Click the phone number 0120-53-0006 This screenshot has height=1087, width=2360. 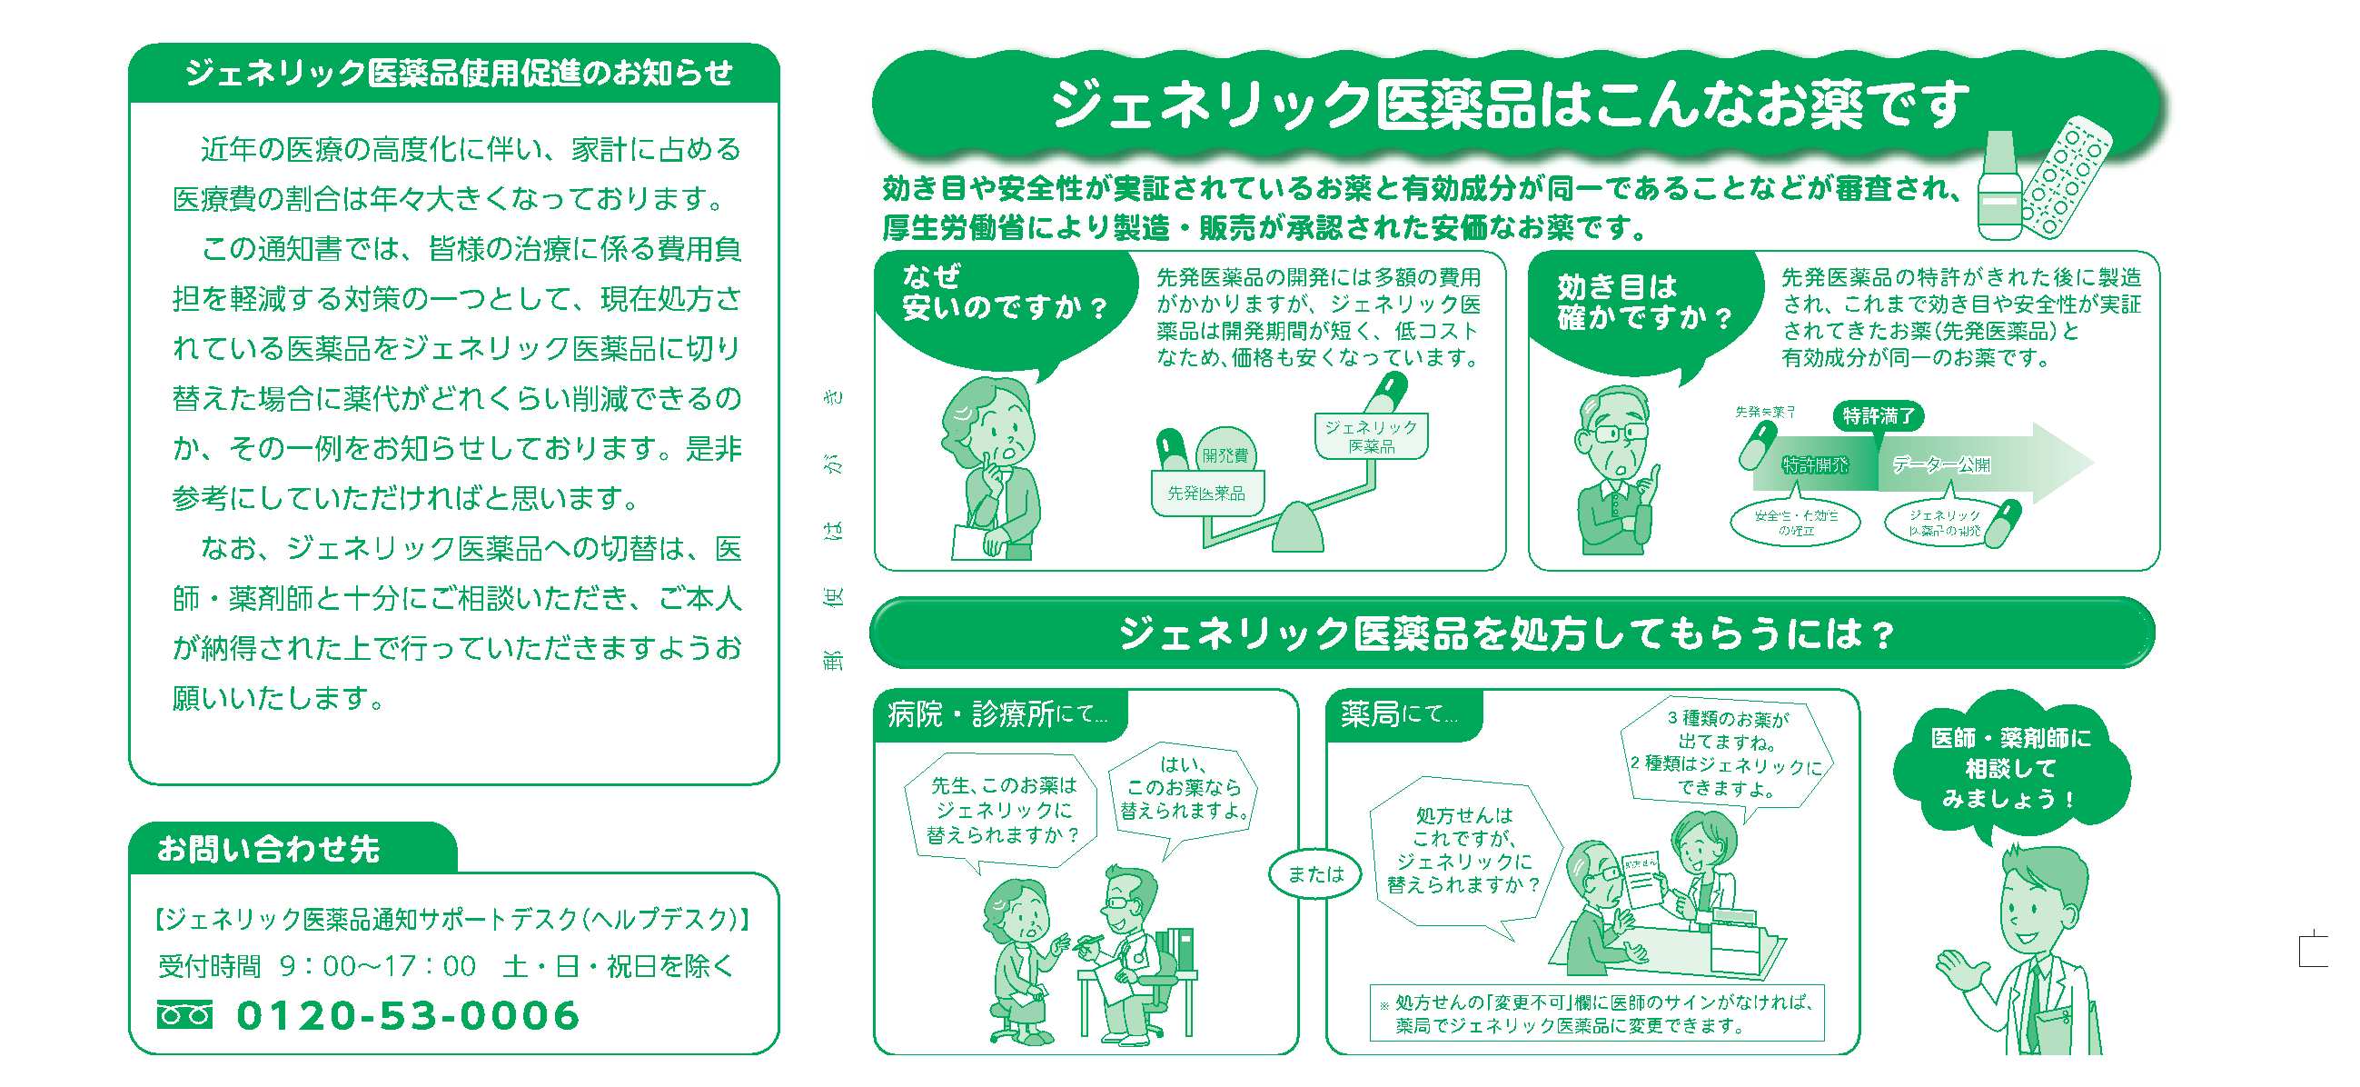(409, 1015)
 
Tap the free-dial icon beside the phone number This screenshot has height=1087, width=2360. (184, 1015)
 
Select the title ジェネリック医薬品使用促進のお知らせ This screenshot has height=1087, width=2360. (458, 74)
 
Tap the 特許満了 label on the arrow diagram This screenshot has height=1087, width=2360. (1879, 416)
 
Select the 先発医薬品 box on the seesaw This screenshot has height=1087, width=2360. (1206, 494)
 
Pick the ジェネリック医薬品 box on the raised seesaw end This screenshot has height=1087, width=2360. (1371, 436)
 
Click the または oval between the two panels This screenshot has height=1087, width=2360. (1314, 874)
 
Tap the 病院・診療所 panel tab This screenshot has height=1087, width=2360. (997, 714)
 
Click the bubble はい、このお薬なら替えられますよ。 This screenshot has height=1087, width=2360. (1183, 788)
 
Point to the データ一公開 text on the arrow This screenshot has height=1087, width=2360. (1941, 465)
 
